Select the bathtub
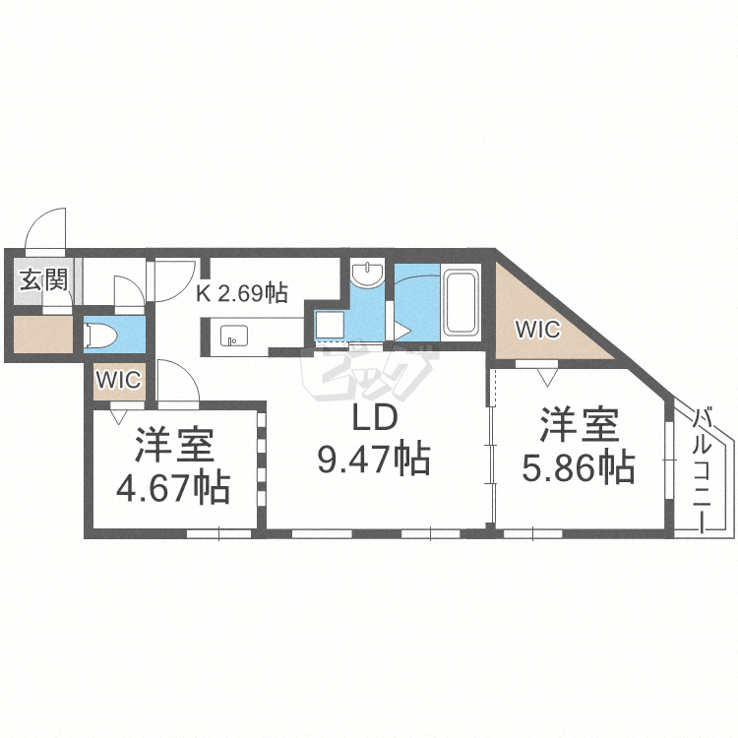point(461,301)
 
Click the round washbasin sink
point(369,275)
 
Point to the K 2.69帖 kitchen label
point(241,292)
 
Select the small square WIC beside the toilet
point(119,379)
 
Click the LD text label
point(374,419)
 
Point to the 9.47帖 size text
point(374,459)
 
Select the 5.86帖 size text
point(578,466)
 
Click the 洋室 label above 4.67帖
point(174,447)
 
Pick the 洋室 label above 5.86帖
point(578,427)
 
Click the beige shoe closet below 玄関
point(43,335)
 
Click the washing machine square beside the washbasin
point(328,324)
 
